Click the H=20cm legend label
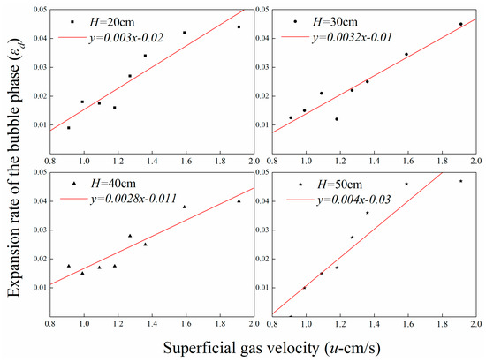point(112,22)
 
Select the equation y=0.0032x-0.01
point(352,37)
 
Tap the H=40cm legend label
point(113,184)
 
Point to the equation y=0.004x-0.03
point(353,200)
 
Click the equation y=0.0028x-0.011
point(134,199)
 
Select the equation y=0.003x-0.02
point(126,38)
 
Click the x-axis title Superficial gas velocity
point(272,348)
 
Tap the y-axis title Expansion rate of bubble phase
point(14,168)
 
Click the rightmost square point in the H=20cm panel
point(239,27)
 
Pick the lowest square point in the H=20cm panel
point(69,127)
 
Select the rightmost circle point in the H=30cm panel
point(461,24)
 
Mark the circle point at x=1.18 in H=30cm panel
point(337,119)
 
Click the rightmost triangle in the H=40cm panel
point(239,201)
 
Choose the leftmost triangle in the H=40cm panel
point(69,266)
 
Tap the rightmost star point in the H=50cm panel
point(461,181)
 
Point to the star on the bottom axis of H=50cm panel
point(291,316)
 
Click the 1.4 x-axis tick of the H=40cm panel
point(152,324)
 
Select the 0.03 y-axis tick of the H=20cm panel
point(41,67)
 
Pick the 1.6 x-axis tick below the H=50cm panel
point(408,324)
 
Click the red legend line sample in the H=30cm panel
point(295,37)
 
